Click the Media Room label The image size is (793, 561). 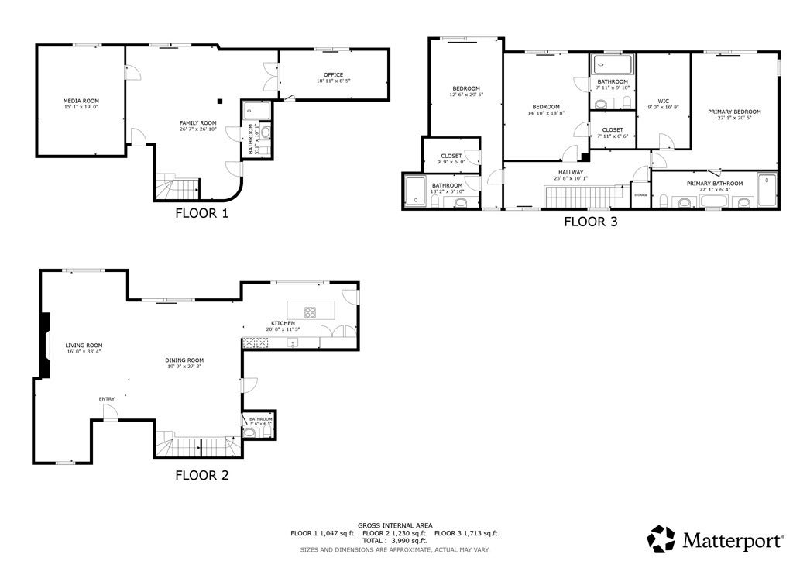click(81, 101)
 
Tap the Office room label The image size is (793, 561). click(333, 74)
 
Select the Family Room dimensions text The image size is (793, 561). click(197, 129)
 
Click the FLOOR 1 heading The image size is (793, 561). click(201, 213)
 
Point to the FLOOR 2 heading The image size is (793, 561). click(201, 475)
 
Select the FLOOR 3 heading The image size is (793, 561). click(590, 222)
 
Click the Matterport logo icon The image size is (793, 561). click(661, 539)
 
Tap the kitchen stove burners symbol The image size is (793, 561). click(310, 313)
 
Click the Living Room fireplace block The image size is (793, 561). click(45, 345)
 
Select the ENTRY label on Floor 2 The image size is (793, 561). click(107, 399)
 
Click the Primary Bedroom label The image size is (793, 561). click(734, 112)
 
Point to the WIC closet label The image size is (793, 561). click(663, 100)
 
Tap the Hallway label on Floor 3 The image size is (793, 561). click(572, 172)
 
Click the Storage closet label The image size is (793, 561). click(640, 194)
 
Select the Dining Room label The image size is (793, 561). click(184, 360)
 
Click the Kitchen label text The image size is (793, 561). click(283, 323)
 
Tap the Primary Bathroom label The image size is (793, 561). click(715, 184)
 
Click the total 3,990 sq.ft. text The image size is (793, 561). click(396, 541)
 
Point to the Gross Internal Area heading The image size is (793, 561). click(395, 525)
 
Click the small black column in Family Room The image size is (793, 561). click(220, 100)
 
